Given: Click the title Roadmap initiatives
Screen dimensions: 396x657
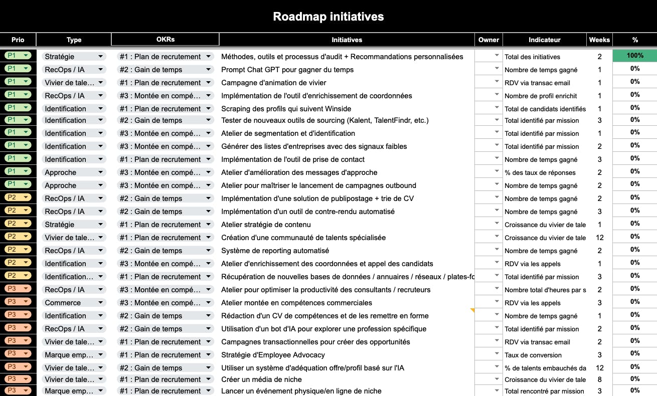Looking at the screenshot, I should tap(328, 17).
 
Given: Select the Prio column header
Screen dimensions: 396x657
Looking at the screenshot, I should tap(18, 40).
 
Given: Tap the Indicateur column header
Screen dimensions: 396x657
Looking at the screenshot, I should tap(544, 40).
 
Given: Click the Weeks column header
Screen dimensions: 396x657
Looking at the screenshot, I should tap(599, 40).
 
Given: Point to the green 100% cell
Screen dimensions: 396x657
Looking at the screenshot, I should tap(634, 56).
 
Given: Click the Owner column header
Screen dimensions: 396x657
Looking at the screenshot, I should tap(488, 40).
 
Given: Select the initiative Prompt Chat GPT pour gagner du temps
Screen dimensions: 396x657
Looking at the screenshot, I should tap(287, 70).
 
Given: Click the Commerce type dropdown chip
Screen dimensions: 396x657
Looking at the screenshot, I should tap(74, 303).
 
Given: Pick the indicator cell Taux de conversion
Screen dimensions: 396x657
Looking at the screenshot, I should tap(533, 355).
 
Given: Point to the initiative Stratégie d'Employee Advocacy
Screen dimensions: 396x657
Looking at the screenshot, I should tap(273, 355).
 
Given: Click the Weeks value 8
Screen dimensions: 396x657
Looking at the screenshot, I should tap(599, 379).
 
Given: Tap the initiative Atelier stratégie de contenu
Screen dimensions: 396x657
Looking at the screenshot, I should tap(266, 225).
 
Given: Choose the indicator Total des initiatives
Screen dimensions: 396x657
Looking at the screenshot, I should tap(532, 57).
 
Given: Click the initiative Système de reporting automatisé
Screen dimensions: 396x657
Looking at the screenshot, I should tap(275, 251).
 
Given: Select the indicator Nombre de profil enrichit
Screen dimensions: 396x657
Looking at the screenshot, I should tap(541, 96).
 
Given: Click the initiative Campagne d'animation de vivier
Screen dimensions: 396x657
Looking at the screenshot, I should tap(273, 83).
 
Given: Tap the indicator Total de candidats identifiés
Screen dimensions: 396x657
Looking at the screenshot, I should tap(545, 109).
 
